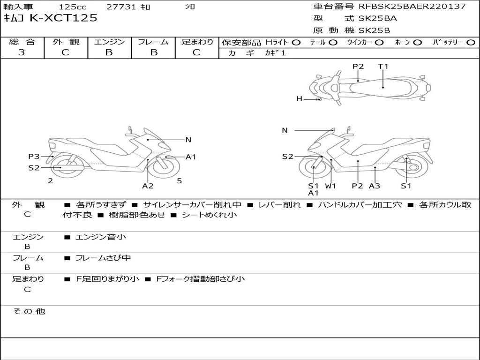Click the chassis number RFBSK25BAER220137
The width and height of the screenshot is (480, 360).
(x=412, y=7)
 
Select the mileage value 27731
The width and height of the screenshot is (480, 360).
(x=121, y=7)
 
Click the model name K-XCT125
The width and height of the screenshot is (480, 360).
(x=64, y=18)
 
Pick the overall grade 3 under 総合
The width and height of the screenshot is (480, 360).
(x=22, y=52)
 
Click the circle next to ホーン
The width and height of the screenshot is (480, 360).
(x=418, y=43)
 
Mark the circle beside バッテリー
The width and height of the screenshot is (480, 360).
(x=470, y=43)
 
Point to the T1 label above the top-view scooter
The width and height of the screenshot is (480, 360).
(x=383, y=67)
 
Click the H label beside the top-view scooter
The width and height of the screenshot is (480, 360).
(x=299, y=98)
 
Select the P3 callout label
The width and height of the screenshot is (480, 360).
(x=34, y=157)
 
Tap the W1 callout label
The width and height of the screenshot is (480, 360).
(x=331, y=186)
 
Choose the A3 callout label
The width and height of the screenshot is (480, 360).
(x=375, y=186)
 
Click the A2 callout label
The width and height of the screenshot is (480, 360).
(x=148, y=186)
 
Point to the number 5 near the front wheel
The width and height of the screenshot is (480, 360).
(x=179, y=180)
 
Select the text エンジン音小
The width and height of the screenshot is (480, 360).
(x=101, y=237)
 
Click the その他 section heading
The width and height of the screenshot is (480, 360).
(x=28, y=311)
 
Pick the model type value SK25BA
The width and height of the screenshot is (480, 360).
(x=378, y=18)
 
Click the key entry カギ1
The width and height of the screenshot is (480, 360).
(x=275, y=53)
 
